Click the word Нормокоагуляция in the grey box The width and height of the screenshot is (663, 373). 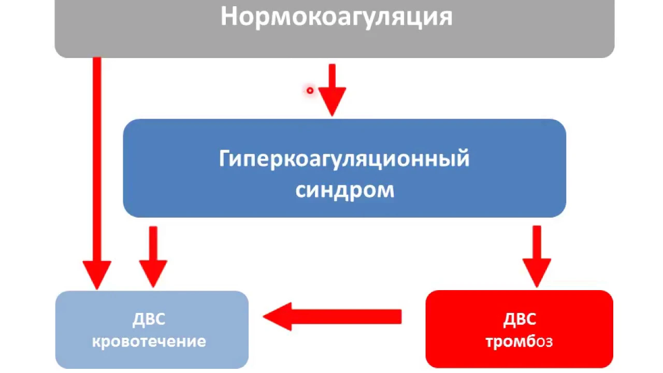tap(337, 17)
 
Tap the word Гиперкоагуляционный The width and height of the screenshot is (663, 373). tap(344, 159)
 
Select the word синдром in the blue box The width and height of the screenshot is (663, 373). tap(345, 190)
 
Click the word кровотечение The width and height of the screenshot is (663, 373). tap(149, 341)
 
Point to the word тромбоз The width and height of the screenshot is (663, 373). tap(519, 342)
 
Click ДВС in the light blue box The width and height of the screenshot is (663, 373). tap(149, 319)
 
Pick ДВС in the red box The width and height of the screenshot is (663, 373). tap(520, 319)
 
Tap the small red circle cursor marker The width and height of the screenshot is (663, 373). tap(310, 90)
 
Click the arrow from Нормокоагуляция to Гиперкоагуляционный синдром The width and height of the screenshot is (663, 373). tap(332, 90)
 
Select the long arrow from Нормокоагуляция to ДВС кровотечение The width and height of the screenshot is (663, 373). tap(97, 174)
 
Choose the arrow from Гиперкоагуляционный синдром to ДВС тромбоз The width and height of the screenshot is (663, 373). tap(537, 256)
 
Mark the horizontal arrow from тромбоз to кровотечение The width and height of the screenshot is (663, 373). tap(332, 317)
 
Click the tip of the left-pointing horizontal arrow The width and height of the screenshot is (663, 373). tap(263, 317)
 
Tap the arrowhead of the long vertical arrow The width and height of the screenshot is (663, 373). tap(97, 275)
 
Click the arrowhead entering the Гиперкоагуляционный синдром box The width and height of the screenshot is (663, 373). tap(332, 102)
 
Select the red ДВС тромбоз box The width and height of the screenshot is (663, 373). tap(519, 329)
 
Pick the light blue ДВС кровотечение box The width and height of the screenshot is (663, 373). tap(152, 330)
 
